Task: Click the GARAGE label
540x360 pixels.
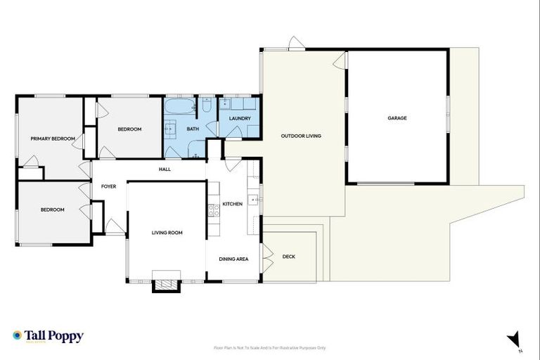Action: [x=397, y=118]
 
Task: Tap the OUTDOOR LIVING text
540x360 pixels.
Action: [x=301, y=136]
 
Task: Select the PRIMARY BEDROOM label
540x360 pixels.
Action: [x=53, y=139]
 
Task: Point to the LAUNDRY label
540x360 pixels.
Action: [x=240, y=118]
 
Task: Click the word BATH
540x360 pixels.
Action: [x=192, y=129]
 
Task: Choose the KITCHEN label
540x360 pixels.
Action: [x=232, y=204]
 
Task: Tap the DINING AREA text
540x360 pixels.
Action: [x=233, y=259]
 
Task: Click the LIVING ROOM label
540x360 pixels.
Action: [x=167, y=232]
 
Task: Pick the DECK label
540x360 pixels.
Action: [x=288, y=257]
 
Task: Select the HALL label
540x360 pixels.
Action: [x=165, y=169]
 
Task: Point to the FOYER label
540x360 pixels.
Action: [x=108, y=186]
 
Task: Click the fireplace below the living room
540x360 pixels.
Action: [x=167, y=283]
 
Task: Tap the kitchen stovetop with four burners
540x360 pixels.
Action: [x=214, y=210]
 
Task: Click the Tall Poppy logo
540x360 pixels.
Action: [x=48, y=336]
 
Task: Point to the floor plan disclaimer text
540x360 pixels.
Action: [x=269, y=347]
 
